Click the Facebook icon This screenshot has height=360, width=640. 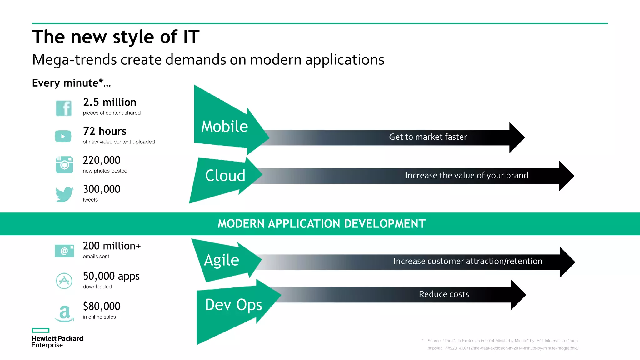click(x=64, y=108)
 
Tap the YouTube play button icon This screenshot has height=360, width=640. click(x=63, y=136)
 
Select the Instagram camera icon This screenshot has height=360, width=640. click(x=64, y=165)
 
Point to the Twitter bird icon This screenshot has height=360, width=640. click(x=64, y=194)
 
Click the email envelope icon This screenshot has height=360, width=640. click(x=64, y=251)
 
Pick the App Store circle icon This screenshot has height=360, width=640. click(x=64, y=281)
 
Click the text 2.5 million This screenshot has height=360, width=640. click(x=110, y=102)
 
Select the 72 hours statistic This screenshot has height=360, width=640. click(x=105, y=131)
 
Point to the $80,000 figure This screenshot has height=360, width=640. click(x=102, y=306)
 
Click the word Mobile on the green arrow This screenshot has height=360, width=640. click(x=224, y=127)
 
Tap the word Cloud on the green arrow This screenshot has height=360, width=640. click(x=225, y=175)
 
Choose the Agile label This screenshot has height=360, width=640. click(x=221, y=260)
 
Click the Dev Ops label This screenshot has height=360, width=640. click(x=233, y=305)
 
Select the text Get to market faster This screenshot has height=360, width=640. click(x=428, y=137)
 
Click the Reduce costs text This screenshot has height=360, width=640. click(x=444, y=294)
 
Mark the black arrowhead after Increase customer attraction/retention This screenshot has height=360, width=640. click(x=567, y=262)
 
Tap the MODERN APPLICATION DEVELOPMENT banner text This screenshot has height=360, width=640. click(x=322, y=224)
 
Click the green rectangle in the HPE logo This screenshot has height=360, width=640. click(x=41, y=330)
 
